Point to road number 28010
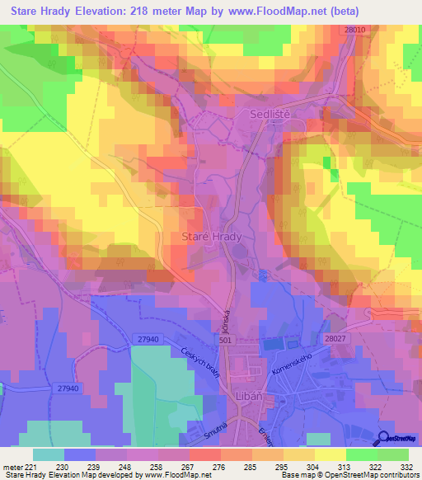[x=355, y=30]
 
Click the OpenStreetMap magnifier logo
[x=385, y=438]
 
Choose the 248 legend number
[x=126, y=467]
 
